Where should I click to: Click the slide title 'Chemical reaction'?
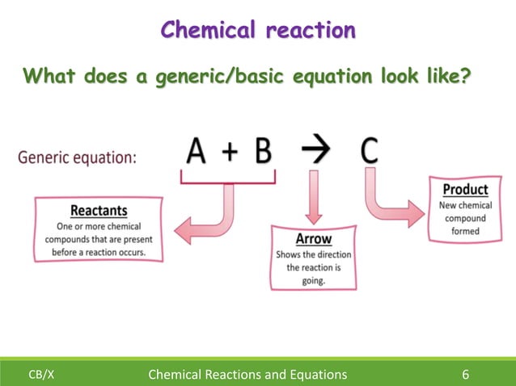click(x=257, y=30)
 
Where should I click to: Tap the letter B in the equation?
click(x=263, y=151)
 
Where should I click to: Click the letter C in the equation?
click(x=369, y=151)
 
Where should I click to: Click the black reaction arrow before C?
click(x=316, y=152)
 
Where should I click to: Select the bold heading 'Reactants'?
click(x=98, y=211)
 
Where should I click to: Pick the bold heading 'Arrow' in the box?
click(x=313, y=240)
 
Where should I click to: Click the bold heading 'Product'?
click(x=465, y=190)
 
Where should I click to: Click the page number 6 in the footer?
click(x=466, y=374)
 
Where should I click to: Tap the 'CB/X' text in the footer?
click(x=41, y=375)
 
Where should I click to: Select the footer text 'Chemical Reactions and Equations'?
click(x=243, y=374)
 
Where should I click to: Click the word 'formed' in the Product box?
click(x=465, y=231)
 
